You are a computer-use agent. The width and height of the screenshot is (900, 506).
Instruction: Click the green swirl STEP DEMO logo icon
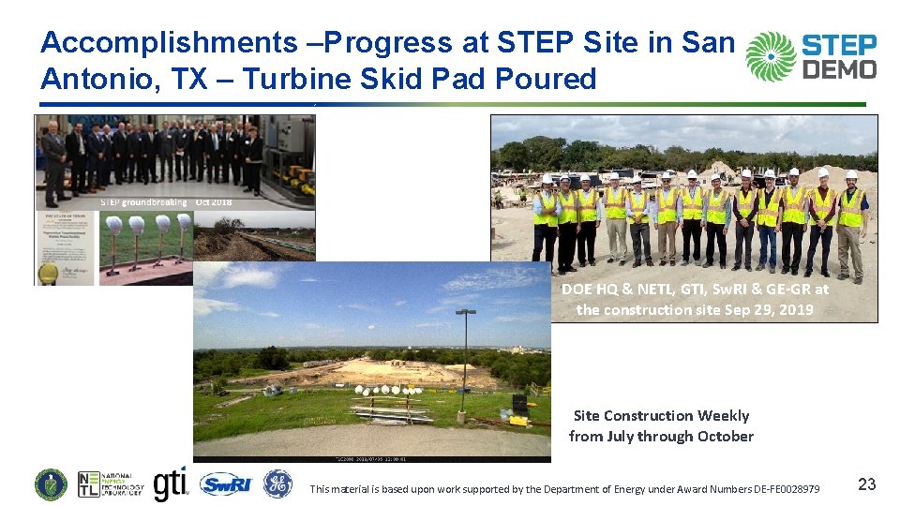point(771,55)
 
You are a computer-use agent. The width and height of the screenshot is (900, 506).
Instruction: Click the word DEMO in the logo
point(841,68)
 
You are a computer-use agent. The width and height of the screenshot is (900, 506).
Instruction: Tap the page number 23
point(867,484)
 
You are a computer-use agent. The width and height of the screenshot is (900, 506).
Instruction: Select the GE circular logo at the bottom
point(277,484)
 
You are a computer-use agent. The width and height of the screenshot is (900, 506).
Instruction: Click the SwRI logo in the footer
point(225,484)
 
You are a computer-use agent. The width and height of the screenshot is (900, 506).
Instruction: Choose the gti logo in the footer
point(170,484)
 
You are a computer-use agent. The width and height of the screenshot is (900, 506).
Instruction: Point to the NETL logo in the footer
point(111,484)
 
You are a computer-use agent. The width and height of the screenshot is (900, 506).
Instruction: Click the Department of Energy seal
point(51,484)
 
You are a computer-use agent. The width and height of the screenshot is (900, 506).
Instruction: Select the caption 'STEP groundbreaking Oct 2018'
point(166,201)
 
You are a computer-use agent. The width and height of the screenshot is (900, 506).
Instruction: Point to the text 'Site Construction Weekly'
point(661,415)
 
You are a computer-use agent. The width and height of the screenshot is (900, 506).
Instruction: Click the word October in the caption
point(722,436)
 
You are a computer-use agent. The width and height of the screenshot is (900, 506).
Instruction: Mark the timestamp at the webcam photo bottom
point(372,459)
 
